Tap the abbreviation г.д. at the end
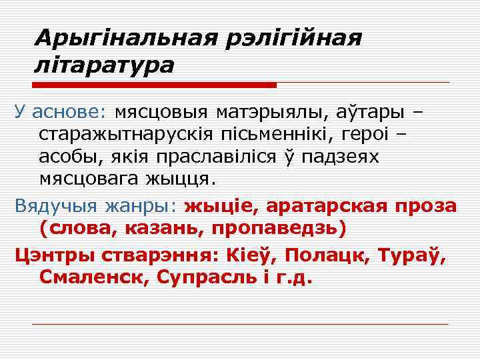pyautogui.click(x=293, y=277)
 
